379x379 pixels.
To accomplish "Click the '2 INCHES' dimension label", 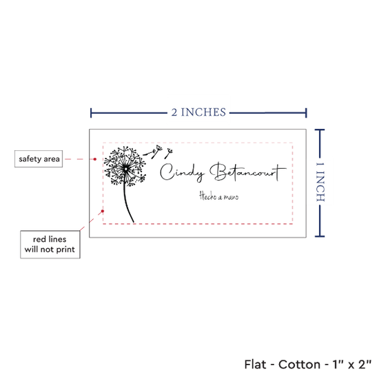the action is (x=198, y=112).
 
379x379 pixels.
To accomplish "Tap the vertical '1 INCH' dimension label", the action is (x=320, y=182).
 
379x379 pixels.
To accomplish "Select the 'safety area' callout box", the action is (x=39, y=158).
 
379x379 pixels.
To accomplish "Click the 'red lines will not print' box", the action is (x=50, y=245).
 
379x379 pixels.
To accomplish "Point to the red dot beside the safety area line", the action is (x=95, y=159).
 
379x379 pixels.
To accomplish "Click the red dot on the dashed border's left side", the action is (x=103, y=211).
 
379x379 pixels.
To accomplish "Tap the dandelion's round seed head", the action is (x=125, y=166).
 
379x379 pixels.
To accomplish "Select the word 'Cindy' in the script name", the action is (x=182, y=172).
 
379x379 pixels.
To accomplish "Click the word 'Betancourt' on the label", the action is (x=248, y=172).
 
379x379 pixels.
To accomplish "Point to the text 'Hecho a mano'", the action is (x=218, y=196).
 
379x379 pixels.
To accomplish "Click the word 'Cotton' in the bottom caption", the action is (x=299, y=365).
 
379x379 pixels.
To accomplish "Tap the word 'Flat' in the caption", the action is (x=255, y=365).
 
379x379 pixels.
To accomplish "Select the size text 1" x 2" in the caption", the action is (x=352, y=365).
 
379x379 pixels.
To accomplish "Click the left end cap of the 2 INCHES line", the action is (x=91, y=113).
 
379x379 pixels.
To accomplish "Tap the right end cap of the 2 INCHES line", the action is (x=306, y=113).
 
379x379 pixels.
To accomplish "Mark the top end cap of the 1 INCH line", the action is (x=320, y=130).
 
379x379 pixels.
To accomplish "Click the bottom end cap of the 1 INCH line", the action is (x=320, y=236).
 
